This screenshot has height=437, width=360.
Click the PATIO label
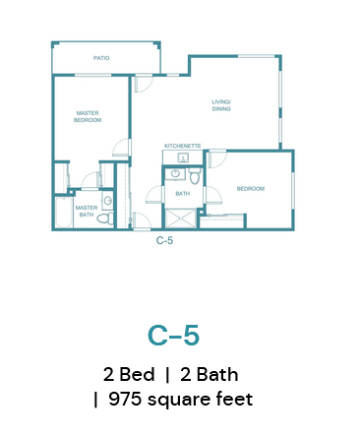101,58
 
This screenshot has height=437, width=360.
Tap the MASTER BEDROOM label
88,116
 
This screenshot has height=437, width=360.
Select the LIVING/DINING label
221,105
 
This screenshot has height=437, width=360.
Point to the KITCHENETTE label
182,146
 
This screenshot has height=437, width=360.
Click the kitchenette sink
183,157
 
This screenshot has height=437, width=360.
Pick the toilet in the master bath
106,218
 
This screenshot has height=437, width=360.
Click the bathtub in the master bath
64,213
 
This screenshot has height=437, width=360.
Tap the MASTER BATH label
87,211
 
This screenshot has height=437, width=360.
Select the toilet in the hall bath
195,176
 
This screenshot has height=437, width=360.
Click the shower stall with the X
181,218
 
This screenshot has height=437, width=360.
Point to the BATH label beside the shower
183,194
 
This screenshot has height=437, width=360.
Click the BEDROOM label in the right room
251,189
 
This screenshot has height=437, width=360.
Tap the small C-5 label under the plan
164,240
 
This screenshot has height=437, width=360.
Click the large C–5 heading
173,336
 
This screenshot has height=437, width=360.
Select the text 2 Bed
129,374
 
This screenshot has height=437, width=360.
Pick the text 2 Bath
210,374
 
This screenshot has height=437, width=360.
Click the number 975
125,399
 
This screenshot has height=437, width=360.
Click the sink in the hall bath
175,173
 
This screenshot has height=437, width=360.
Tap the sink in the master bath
107,201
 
